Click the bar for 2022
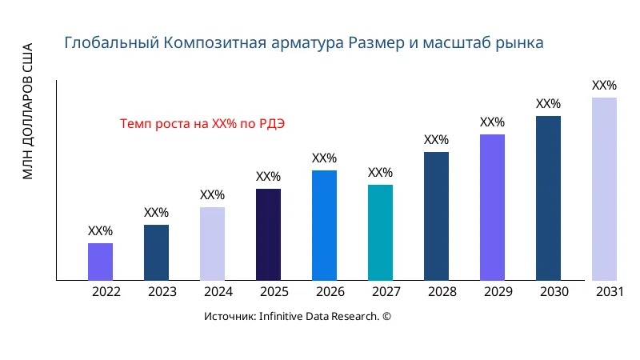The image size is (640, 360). pyautogui.click(x=100, y=262)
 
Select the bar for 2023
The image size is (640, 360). pyautogui.click(x=156, y=253)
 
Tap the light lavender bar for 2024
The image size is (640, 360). pyautogui.click(x=212, y=244)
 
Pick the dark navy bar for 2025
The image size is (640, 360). pyautogui.click(x=268, y=234)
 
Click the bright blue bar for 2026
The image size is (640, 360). pyautogui.click(x=324, y=226)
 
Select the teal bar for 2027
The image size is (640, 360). pyautogui.click(x=380, y=233)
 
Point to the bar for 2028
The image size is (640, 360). pyautogui.click(x=436, y=216)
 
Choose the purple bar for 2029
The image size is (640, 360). pyautogui.click(x=492, y=207)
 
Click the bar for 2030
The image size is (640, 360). pyautogui.click(x=548, y=198)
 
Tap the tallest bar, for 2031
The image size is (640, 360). pyautogui.click(x=604, y=189)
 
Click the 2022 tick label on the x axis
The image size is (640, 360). pyautogui.click(x=106, y=292)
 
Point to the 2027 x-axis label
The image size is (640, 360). pyautogui.click(x=386, y=292)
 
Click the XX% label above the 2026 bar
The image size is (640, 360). pyautogui.click(x=324, y=158)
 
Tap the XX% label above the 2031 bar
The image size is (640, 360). pyautogui.click(x=604, y=86)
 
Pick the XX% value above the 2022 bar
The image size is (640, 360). pyautogui.click(x=100, y=231)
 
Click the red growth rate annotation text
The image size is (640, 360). pyautogui.click(x=202, y=124)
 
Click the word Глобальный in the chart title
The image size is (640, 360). pyautogui.click(x=111, y=42)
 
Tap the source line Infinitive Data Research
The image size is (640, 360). pyautogui.click(x=298, y=317)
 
